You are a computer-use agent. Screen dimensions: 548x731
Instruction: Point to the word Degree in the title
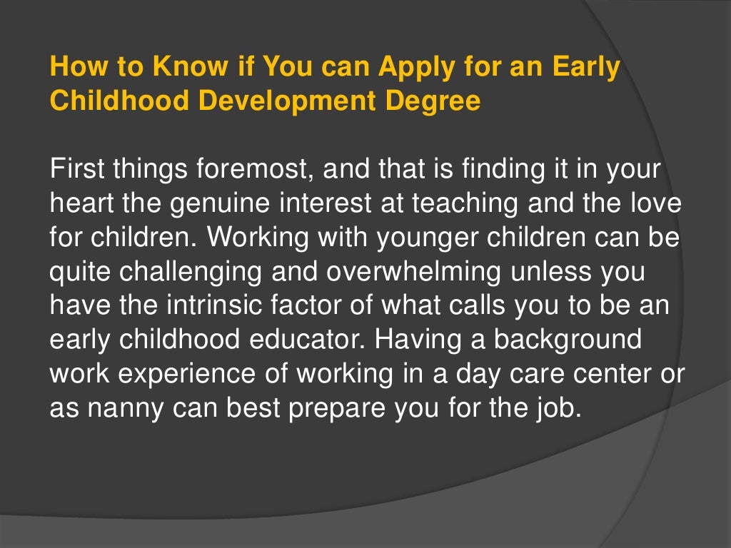(433, 101)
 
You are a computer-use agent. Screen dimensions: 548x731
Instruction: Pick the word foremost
(246, 171)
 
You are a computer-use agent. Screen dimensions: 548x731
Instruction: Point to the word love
(652, 203)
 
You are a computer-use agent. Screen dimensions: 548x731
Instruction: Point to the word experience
(175, 373)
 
